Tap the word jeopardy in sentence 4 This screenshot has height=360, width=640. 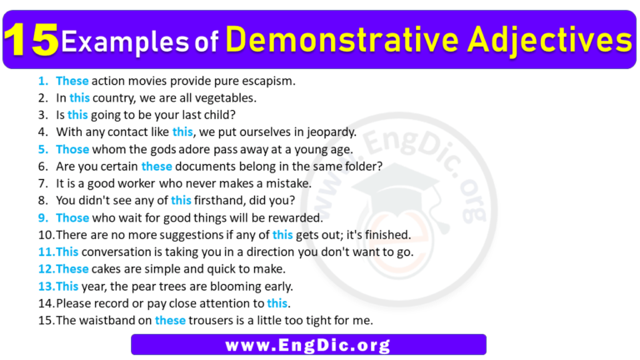click(324, 132)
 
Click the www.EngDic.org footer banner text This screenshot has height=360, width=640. click(308, 344)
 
